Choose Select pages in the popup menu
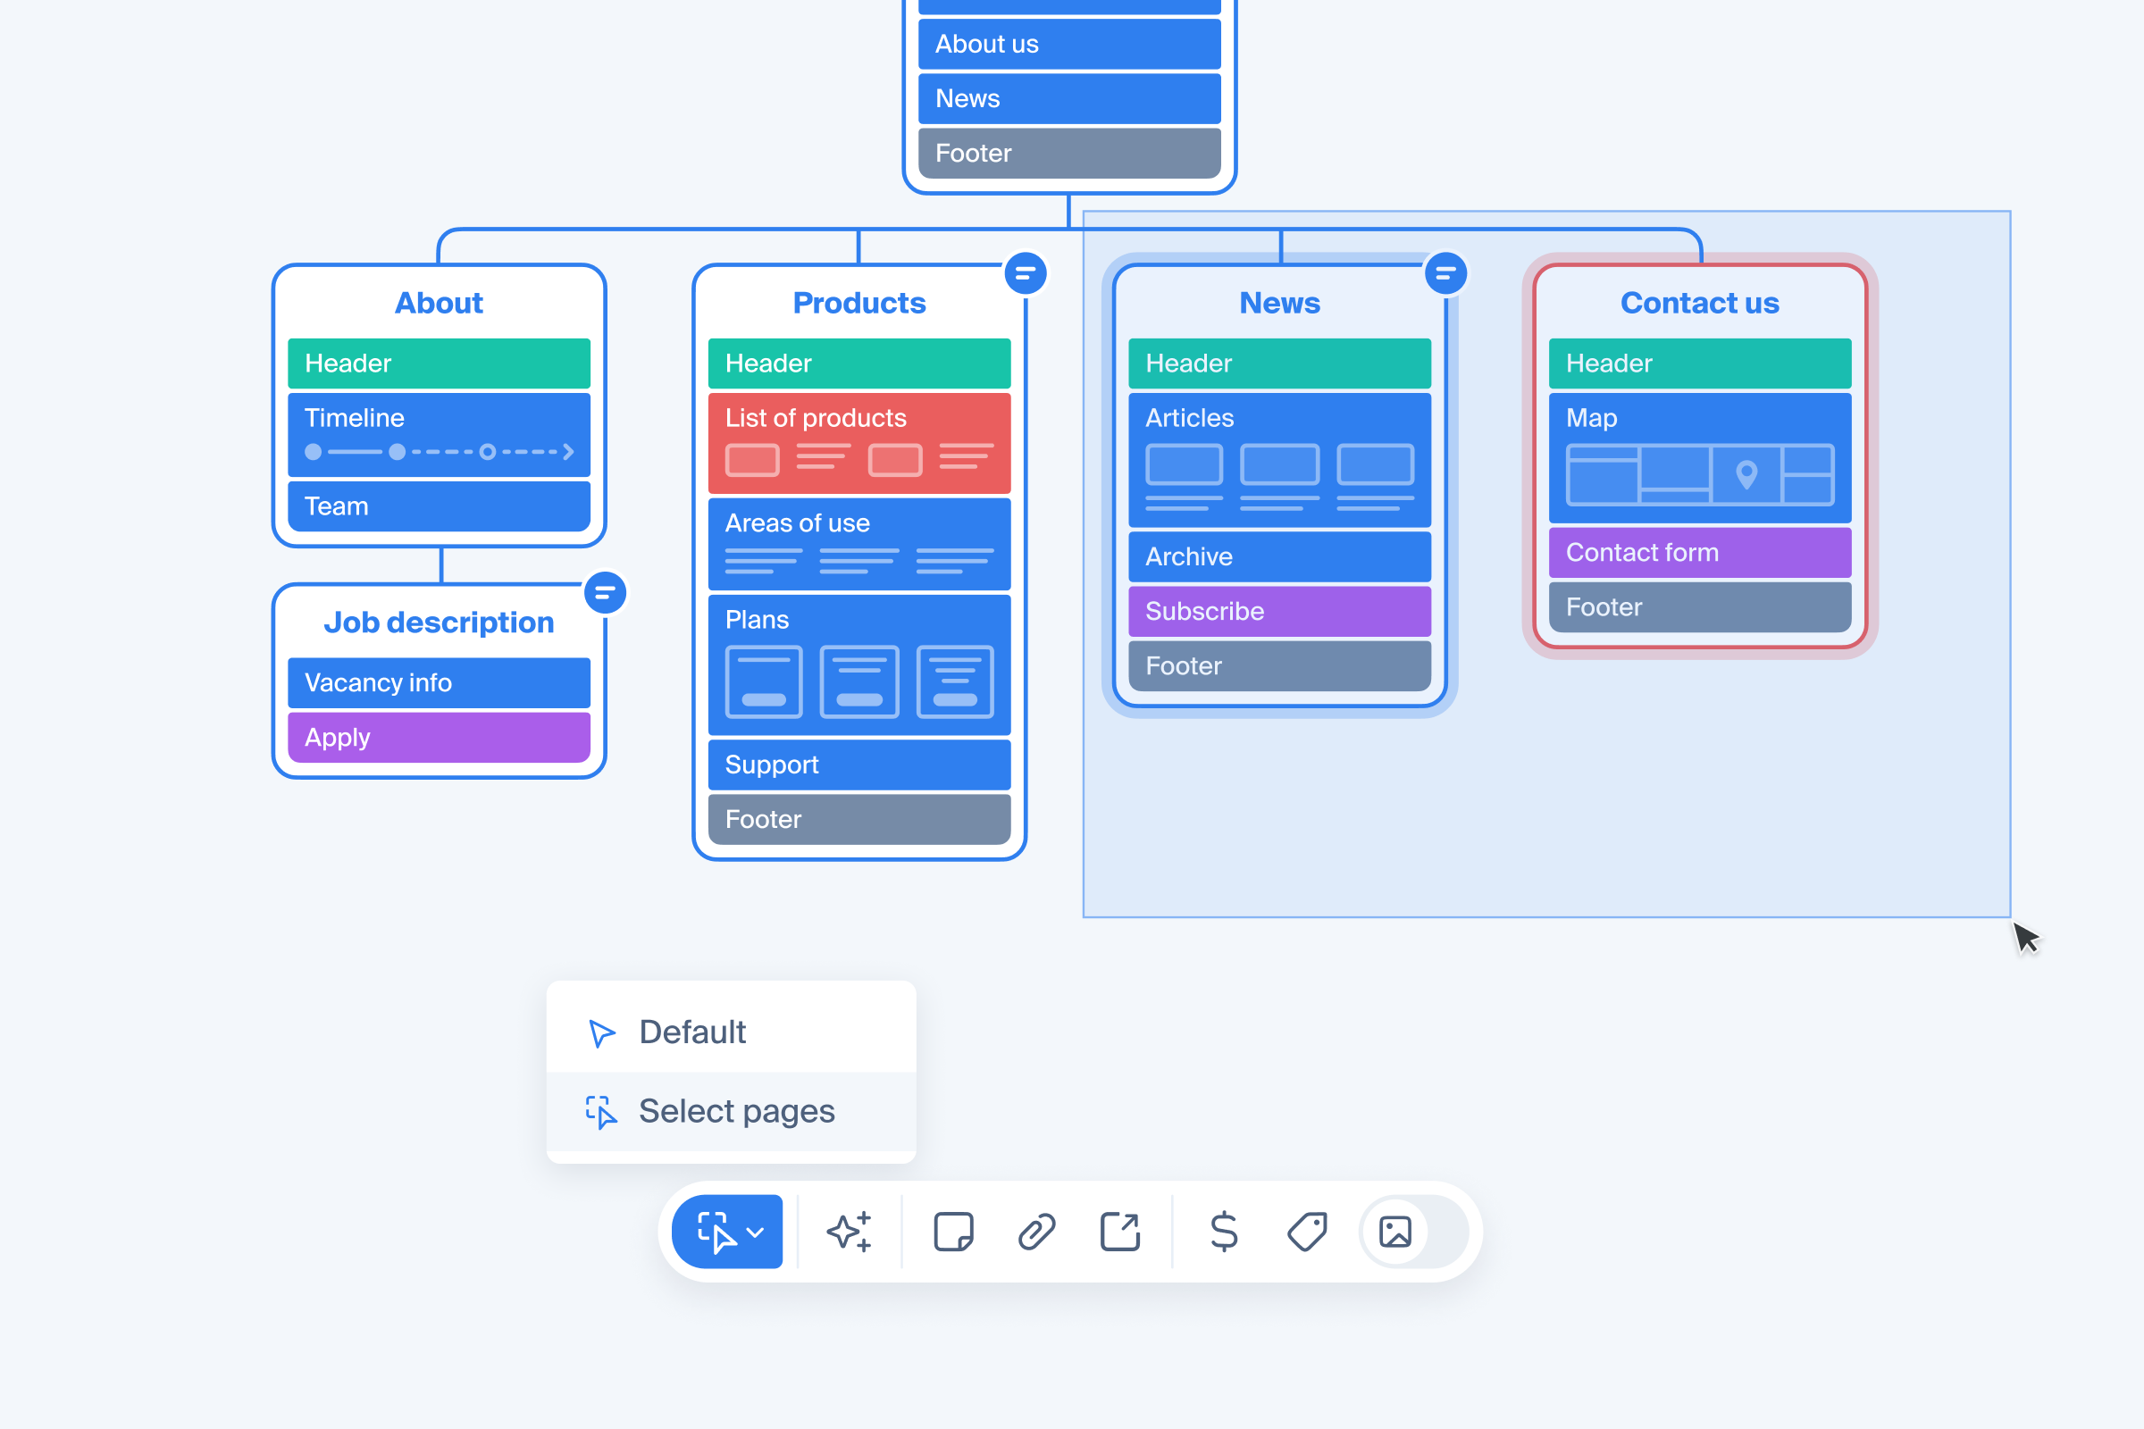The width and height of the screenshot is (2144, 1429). coord(736,1111)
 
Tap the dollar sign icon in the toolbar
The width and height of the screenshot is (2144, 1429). coord(1223,1233)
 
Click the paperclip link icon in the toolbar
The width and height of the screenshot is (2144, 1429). coord(1036,1233)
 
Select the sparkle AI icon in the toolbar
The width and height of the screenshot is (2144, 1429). coord(849,1233)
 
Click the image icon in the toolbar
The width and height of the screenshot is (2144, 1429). coord(1394,1233)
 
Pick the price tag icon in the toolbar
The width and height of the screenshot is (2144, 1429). coord(1307,1233)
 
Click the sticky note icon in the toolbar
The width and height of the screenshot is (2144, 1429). coord(953,1233)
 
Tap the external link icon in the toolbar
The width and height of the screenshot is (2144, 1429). coord(1120,1233)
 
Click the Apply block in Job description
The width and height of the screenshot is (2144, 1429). coord(439,738)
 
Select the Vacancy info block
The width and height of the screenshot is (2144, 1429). coord(439,682)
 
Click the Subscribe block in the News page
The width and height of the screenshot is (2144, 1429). coord(1279,611)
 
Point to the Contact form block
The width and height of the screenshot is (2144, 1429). coord(1699,552)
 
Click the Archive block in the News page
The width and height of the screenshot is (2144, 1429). coord(1279,556)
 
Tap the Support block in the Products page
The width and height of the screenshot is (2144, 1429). coord(858,765)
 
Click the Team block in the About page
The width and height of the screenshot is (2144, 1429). coord(439,506)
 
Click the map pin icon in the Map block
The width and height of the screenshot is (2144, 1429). coord(1746,474)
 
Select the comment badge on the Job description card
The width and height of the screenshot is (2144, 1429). coord(605,593)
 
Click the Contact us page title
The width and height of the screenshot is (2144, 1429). coord(1699,303)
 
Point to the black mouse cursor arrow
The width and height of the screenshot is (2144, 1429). coord(2024,937)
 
